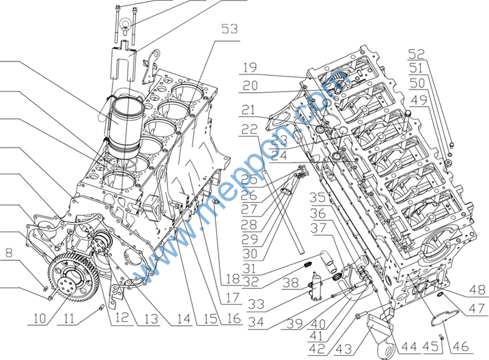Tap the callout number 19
(x=249, y=68)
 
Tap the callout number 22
(x=249, y=130)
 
